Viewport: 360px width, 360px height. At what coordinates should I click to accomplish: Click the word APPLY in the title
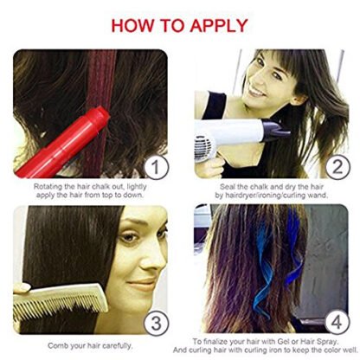click(219, 25)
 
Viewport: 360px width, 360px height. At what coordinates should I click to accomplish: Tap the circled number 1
click(156, 167)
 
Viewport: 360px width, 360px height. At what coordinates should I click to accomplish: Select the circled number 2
click(337, 167)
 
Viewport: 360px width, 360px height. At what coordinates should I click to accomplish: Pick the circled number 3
click(156, 323)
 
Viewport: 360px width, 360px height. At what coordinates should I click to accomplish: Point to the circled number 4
click(337, 322)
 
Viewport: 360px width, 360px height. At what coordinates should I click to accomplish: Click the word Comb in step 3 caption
click(56, 345)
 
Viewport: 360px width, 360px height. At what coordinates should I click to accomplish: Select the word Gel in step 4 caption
click(283, 342)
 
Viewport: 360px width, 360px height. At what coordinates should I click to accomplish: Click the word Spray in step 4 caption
click(326, 342)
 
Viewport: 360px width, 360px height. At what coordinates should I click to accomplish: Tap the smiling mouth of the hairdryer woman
click(257, 93)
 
